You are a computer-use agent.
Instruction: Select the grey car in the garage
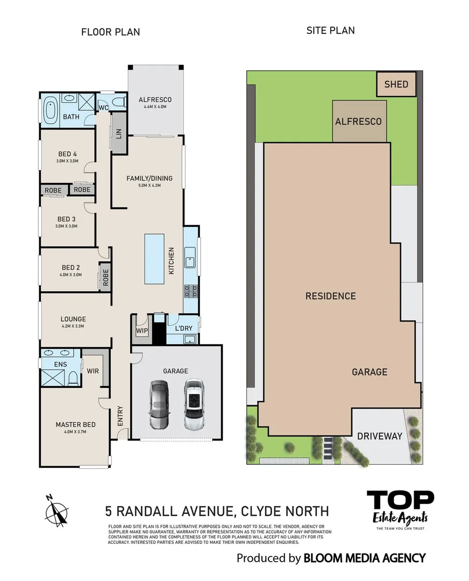(159, 405)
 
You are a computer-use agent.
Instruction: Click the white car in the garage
(195, 405)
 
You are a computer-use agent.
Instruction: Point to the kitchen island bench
(154, 259)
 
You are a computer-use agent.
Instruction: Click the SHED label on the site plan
(396, 84)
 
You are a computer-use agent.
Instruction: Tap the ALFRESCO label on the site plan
(358, 122)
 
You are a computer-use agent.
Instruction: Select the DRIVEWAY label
(380, 436)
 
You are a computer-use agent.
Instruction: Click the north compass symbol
(57, 509)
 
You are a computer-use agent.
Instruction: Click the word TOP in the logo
(400, 500)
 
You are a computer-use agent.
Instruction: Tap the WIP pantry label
(142, 330)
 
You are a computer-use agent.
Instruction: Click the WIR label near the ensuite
(93, 371)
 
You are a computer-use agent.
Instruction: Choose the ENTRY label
(120, 416)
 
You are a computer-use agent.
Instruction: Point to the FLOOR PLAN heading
(110, 32)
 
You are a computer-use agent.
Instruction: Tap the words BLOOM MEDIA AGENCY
(364, 558)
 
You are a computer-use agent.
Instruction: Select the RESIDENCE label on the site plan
(330, 296)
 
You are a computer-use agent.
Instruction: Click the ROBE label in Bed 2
(105, 277)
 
